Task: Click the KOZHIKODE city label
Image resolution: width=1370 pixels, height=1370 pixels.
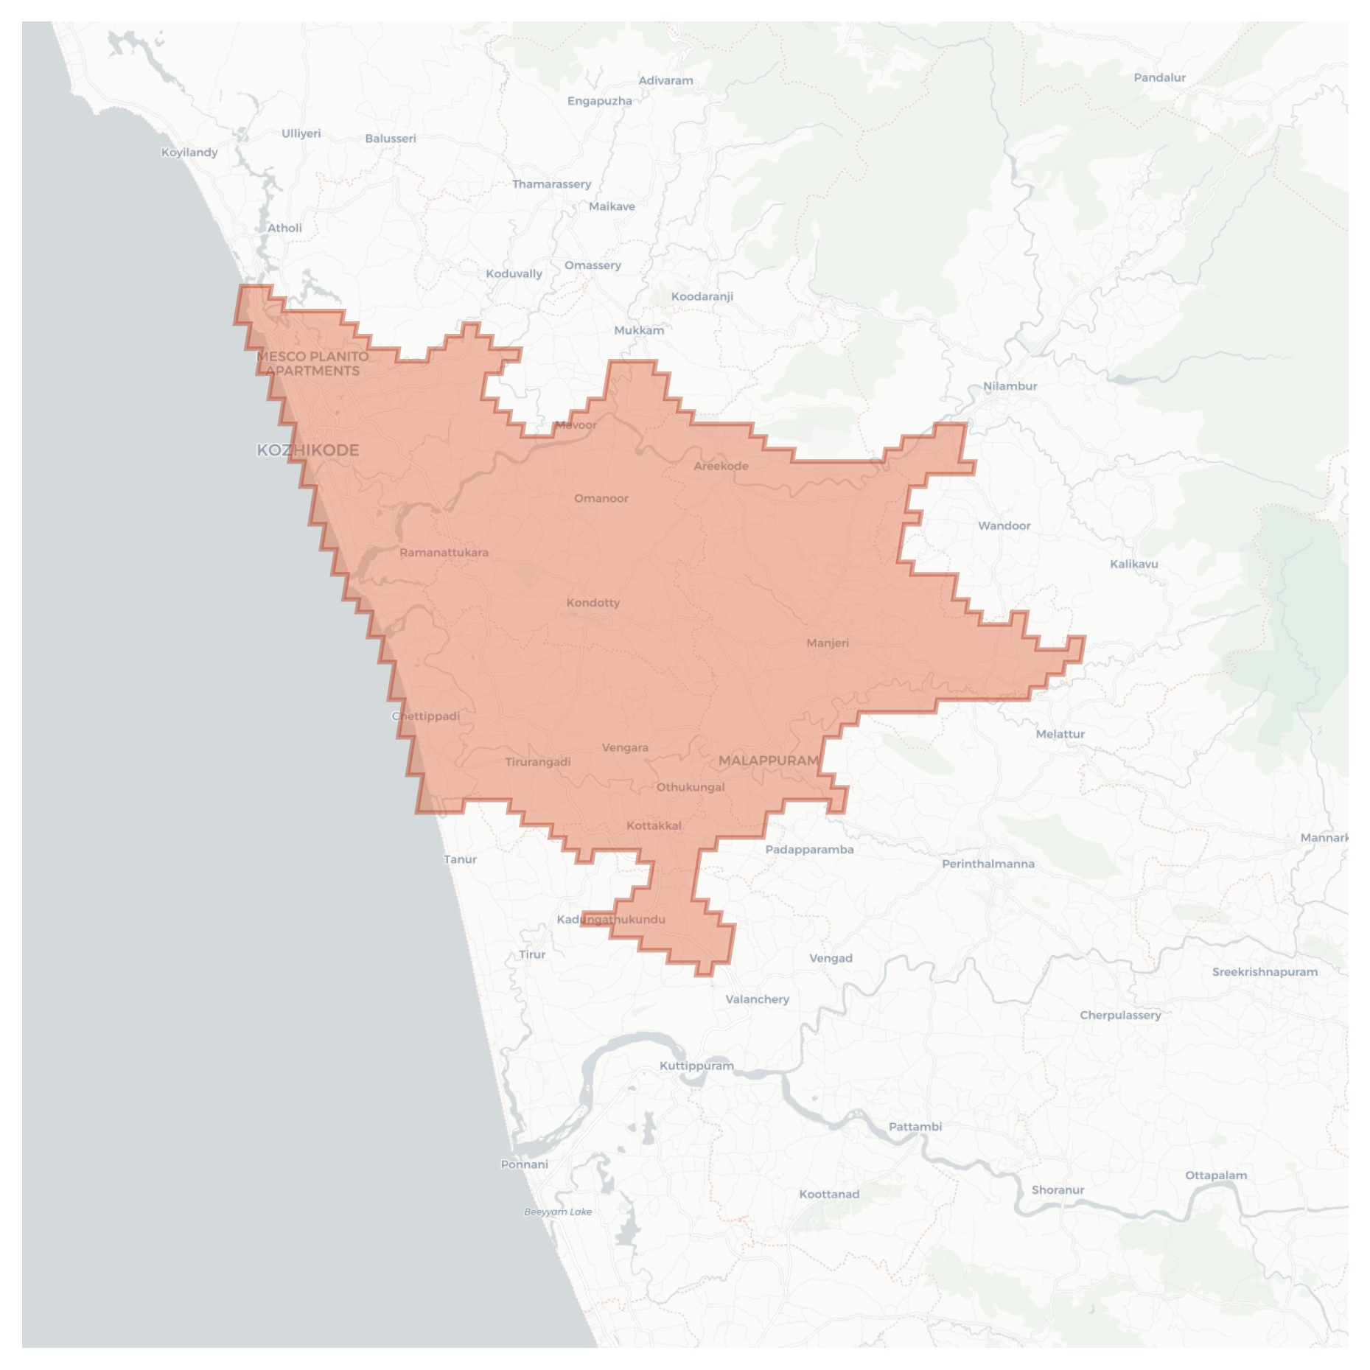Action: [x=308, y=450]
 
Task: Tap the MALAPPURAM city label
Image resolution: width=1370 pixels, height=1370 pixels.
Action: [x=769, y=761]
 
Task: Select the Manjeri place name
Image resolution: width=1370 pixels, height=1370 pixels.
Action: [x=828, y=643]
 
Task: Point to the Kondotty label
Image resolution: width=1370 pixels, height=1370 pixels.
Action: [x=593, y=603]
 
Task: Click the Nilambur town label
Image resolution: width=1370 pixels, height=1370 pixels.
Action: [x=1010, y=386]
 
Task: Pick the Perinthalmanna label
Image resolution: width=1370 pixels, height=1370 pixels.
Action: [x=988, y=864]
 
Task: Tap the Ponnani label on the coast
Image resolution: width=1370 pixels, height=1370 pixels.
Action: [x=525, y=1164]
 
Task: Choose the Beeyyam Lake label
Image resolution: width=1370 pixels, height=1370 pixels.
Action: [x=558, y=1212]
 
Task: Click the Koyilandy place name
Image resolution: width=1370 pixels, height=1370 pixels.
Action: [x=189, y=153]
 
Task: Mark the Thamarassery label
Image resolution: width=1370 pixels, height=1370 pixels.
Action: [x=551, y=184]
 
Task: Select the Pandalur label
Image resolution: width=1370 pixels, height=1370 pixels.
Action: [x=1160, y=77]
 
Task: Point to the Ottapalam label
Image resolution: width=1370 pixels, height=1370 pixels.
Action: [x=1216, y=1175]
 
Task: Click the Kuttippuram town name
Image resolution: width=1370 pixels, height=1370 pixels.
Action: [x=696, y=1066]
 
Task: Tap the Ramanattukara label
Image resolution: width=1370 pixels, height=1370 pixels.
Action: [x=444, y=553]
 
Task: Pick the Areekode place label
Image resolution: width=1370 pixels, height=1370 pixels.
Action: [x=721, y=466]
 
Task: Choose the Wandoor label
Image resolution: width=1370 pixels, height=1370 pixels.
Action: [x=1004, y=525]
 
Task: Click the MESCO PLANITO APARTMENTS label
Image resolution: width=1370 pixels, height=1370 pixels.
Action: [x=312, y=363]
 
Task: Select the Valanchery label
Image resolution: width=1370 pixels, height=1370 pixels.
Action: [x=757, y=999]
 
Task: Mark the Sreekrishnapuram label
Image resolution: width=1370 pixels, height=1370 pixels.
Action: [x=1265, y=972]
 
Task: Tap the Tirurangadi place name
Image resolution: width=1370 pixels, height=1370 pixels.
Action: [x=538, y=762]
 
